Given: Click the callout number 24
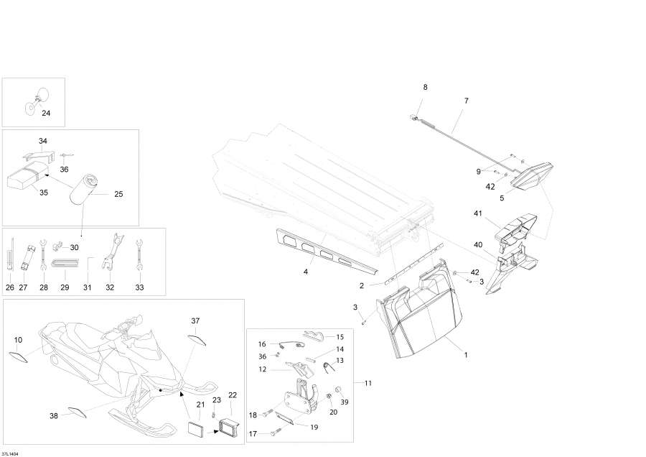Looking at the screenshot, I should click(46, 113).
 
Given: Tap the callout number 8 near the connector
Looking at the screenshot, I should click(425, 87).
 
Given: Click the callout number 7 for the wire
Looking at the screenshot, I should click(466, 101).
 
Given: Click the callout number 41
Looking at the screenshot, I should click(477, 213).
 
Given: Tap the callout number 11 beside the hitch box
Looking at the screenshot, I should click(368, 383).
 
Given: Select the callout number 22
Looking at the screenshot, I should click(232, 394).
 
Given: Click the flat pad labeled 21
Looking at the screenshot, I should click(195, 429).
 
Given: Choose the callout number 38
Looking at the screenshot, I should click(53, 416).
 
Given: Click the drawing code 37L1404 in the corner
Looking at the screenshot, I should click(11, 453).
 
